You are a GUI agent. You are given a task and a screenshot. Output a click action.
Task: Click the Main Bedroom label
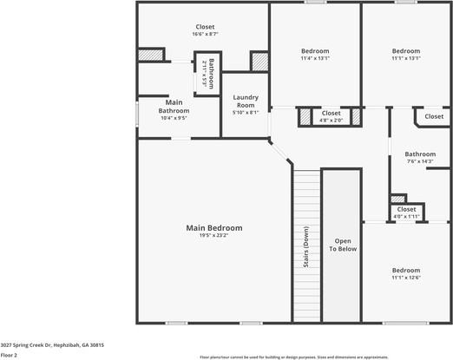(x=213, y=227)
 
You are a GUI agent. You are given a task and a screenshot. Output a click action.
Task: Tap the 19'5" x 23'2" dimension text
(x=213, y=235)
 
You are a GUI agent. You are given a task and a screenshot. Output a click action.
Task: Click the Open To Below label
(x=341, y=244)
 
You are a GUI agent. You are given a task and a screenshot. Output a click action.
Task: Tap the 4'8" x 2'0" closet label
(x=331, y=121)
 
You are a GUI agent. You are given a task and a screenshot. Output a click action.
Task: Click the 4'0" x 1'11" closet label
(x=406, y=217)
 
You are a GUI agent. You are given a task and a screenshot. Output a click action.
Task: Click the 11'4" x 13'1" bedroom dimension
(x=314, y=58)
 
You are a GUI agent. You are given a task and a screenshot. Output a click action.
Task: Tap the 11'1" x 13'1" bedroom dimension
(x=405, y=58)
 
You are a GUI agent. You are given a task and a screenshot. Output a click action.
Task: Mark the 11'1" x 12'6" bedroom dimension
(x=405, y=278)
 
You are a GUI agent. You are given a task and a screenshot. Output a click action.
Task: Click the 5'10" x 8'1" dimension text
(x=245, y=113)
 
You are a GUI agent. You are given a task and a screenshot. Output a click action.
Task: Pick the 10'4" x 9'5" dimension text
(x=174, y=119)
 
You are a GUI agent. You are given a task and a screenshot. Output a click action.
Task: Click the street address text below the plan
(x=52, y=344)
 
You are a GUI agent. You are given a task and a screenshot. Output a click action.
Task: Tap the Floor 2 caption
(x=10, y=355)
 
